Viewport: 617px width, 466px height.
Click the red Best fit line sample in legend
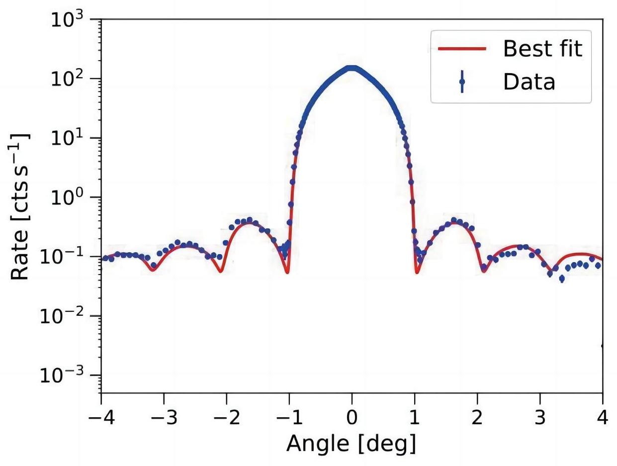pos(461,49)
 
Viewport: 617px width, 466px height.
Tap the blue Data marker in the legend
pos(462,82)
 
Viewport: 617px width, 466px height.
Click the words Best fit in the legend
pos(542,49)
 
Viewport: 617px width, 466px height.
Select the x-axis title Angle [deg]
pos(351,442)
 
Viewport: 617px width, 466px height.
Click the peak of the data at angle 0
pos(352,68)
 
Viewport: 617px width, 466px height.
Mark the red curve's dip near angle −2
pos(221,271)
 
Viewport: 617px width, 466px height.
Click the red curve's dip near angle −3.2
pos(153,270)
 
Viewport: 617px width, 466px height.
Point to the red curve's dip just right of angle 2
pos(483,271)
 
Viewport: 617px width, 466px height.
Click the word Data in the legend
pos(529,82)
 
